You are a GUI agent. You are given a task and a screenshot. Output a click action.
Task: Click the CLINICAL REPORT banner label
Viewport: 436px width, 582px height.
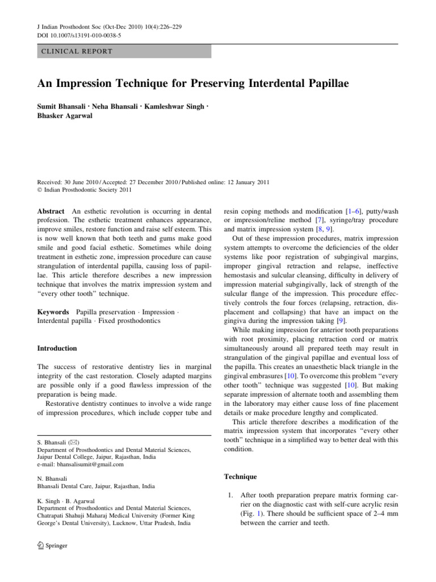point(75,51)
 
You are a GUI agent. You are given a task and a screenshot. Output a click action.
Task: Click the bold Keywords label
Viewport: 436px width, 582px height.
point(53,312)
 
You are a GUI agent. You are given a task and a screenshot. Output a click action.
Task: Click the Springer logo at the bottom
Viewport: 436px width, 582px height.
point(52,546)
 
